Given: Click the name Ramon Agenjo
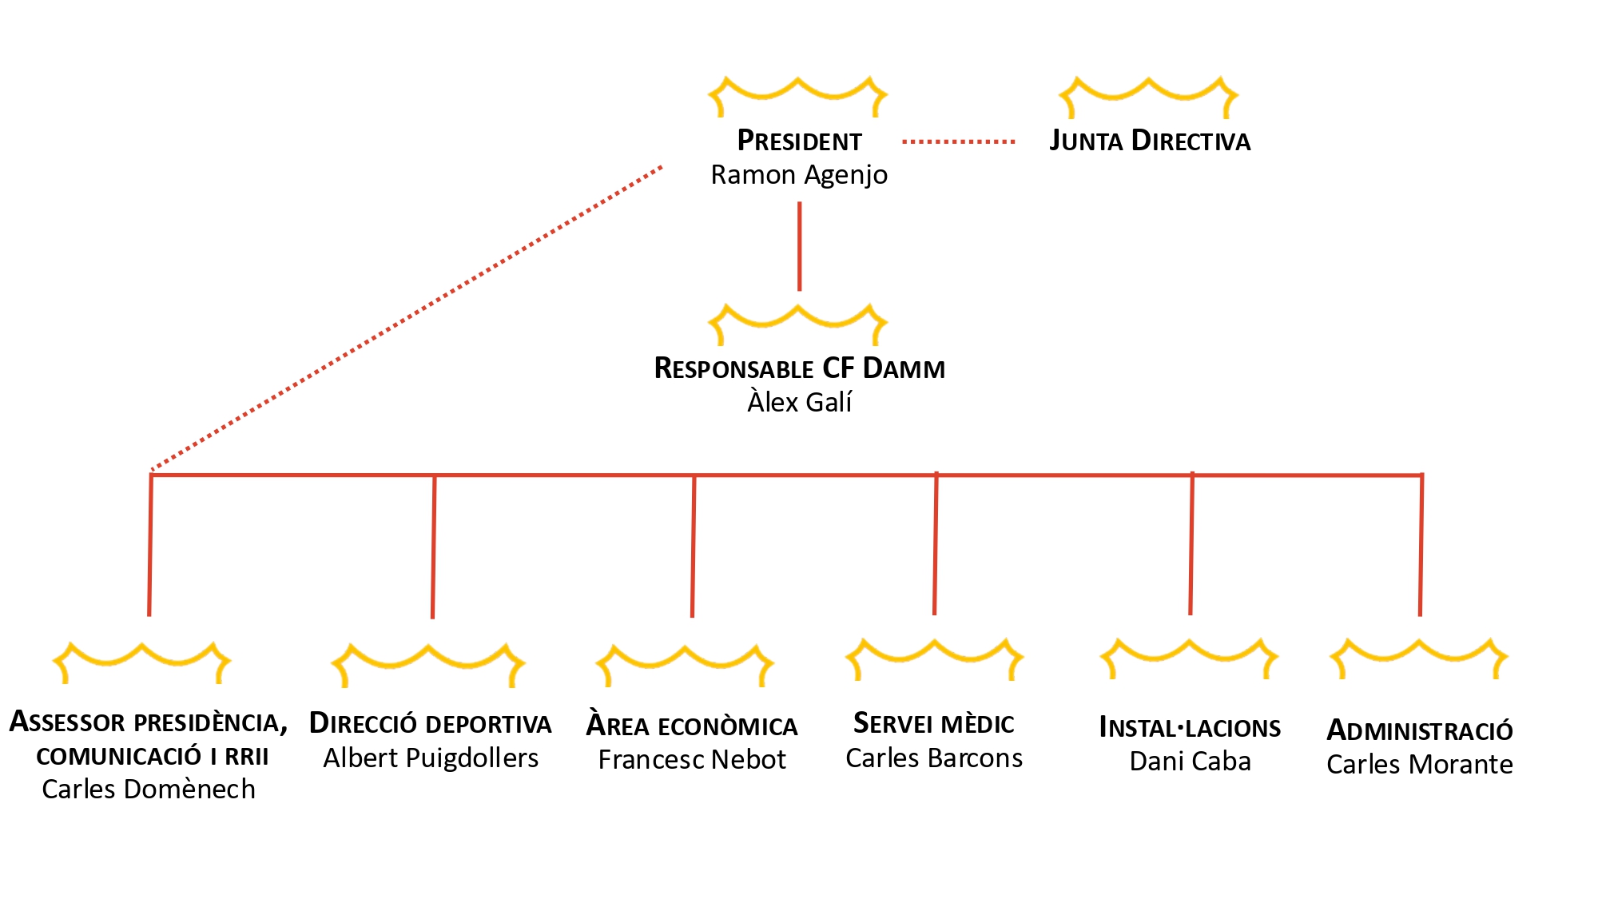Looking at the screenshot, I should point(799,175).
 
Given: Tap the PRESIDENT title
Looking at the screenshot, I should point(799,141).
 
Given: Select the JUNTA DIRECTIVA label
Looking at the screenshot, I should point(1150,141).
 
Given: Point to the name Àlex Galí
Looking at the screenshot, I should point(799,402).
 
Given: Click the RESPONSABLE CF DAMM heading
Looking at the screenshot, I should point(799,368).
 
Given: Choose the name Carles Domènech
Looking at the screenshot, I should point(149,790).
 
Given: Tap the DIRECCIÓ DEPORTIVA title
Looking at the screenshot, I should point(430,724).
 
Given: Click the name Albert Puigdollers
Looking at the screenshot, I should point(431,758).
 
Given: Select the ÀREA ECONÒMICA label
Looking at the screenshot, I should point(692,726).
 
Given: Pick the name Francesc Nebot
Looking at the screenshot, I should point(692,760).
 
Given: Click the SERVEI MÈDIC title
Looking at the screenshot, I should point(934,724).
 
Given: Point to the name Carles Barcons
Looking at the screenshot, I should point(934,758).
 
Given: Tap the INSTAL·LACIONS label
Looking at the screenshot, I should point(1190,728).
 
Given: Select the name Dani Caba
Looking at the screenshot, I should point(1190,762).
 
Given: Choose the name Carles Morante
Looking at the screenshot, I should point(1420,765).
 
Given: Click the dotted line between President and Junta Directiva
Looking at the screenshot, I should point(958,142).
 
